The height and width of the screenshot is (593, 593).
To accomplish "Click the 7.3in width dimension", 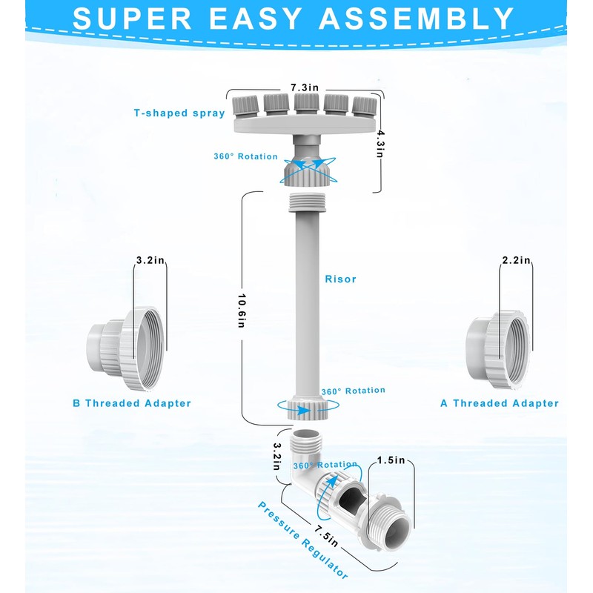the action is (x=305, y=87).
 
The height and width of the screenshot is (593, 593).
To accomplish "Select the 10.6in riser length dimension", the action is (x=242, y=311).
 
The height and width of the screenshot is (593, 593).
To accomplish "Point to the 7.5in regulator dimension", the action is (x=325, y=535).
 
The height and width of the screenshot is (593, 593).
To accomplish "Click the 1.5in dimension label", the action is (x=391, y=460).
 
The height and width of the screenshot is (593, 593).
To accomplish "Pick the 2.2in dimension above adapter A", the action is (x=516, y=260).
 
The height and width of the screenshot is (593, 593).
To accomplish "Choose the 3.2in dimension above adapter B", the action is (x=150, y=260).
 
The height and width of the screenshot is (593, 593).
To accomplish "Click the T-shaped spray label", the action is (x=179, y=113).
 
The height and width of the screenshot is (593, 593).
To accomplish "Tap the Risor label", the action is (x=340, y=279).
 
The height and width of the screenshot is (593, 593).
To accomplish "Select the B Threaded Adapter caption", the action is (x=132, y=403).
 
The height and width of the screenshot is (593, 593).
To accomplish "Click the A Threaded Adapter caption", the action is (x=500, y=403).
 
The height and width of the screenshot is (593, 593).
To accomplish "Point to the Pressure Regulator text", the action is (x=302, y=540).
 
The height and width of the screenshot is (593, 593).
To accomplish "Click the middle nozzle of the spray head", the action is (x=306, y=104).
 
